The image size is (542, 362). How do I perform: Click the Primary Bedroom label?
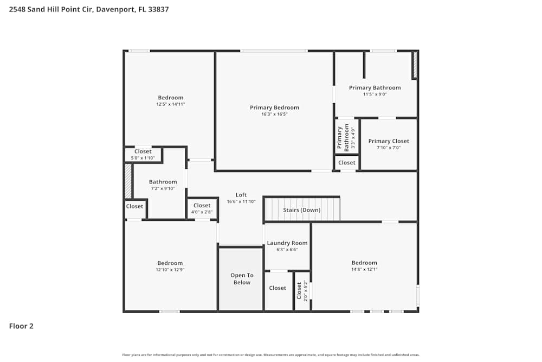click(x=274, y=107)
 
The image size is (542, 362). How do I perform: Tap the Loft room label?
click(x=241, y=195)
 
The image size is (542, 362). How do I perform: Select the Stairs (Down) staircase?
click(x=301, y=210)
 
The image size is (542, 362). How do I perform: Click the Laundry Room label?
click(x=287, y=243)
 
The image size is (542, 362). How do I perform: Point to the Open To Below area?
click(x=242, y=279)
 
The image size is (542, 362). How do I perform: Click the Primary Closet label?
click(x=389, y=141)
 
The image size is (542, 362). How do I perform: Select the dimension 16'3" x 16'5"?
click(x=274, y=115)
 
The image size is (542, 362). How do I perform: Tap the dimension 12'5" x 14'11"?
click(x=171, y=104)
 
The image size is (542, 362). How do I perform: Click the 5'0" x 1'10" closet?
click(x=143, y=155)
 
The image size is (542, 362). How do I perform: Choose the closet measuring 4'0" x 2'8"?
click(x=202, y=208)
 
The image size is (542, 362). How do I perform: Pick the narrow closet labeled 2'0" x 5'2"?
click(x=302, y=290)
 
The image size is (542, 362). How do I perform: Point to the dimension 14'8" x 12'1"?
click(x=364, y=269)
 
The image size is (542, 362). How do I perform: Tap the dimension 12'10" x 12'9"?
click(x=170, y=270)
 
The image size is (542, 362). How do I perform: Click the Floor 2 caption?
click(x=21, y=326)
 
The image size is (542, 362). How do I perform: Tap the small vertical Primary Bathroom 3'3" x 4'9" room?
click(x=346, y=138)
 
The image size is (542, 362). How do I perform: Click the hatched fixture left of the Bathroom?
click(x=128, y=181)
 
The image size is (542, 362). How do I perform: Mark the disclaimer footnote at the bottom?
click(x=271, y=355)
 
